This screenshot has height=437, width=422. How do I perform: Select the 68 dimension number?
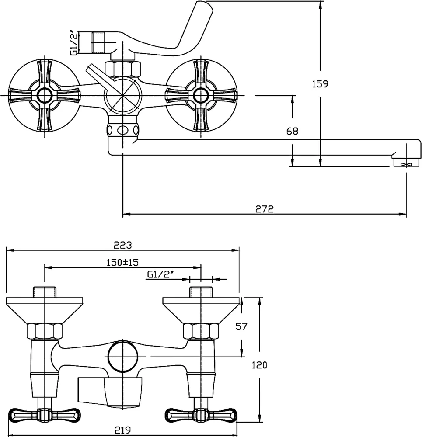[x=293, y=131]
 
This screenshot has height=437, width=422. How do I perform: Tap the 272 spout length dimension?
[x=265, y=209]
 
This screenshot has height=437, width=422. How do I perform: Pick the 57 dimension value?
[x=242, y=326]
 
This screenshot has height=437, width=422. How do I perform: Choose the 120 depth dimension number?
[x=260, y=364]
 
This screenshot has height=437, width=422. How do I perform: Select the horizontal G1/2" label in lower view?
[x=160, y=274]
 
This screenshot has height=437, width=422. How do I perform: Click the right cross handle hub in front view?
[x=201, y=95]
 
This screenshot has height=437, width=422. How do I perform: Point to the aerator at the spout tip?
[x=406, y=163]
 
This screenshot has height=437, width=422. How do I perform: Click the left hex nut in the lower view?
[x=45, y=331]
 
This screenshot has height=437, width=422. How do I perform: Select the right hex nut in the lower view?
[x=201, y=331]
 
